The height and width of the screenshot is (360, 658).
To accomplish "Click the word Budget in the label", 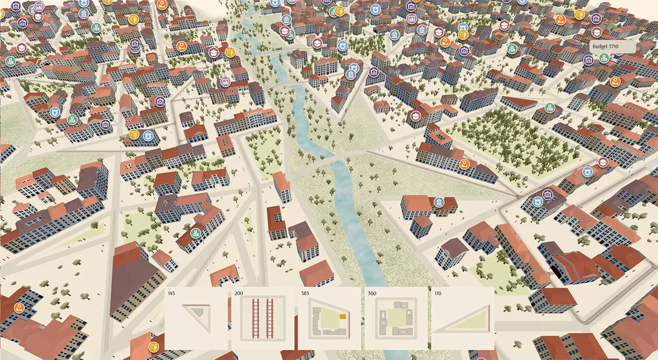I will pos(600,46).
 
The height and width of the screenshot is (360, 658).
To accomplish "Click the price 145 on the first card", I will pos(171,294).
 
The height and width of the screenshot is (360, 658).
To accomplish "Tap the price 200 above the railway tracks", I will pos(239,294).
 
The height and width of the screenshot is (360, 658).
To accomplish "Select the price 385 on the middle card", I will pos(305,294).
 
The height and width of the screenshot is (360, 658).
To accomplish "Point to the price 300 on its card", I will pos(372,294).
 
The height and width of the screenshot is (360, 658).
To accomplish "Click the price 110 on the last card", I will pos(438,294).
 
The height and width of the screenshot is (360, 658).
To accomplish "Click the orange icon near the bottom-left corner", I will pos(19,309).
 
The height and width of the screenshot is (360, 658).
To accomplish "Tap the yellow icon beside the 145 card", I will pos(153,346).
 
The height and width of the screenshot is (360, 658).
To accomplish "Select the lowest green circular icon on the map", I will pos(195,233).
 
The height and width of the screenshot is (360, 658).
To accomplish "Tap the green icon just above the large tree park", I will pos(550,107).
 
